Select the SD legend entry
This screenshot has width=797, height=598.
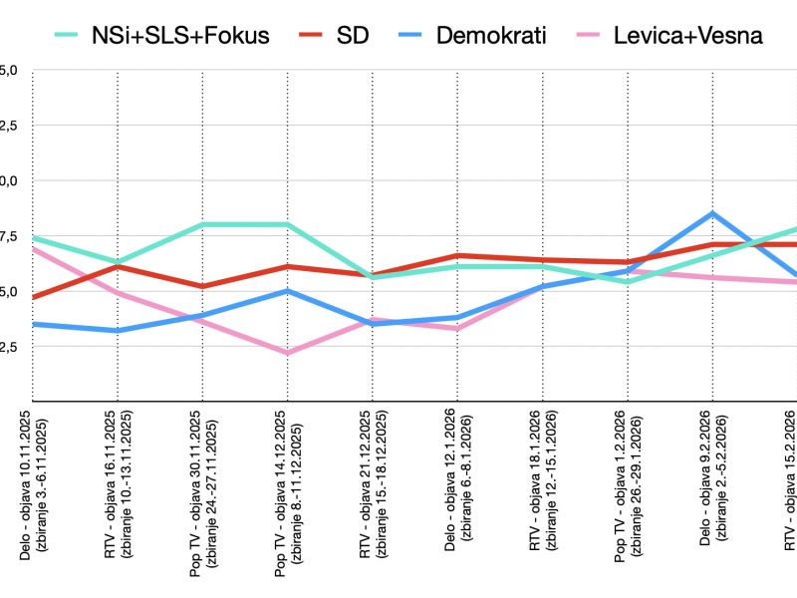pyautogui.click(x=334, y=37)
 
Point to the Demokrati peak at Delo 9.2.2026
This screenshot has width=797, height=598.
pyautogui.click(x=711, y=213)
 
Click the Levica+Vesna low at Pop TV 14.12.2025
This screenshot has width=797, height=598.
pyautogui.click(x=287, y=353)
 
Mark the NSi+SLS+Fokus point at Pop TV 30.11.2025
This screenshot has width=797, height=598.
pyautogui.click(x=202, y=224)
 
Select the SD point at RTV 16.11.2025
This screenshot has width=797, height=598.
pyautogui.click(x=118, y=266)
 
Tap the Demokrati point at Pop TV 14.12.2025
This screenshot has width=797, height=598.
pyautogui.click(x=287, y=291)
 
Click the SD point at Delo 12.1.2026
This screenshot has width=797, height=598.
pyautogui.click(x=456, y=256)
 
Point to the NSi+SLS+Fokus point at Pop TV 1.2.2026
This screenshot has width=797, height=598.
pyautogui.click(x=626, y=282)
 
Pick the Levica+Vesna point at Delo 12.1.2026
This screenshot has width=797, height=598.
pyautogui.click(x=456, y=328)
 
